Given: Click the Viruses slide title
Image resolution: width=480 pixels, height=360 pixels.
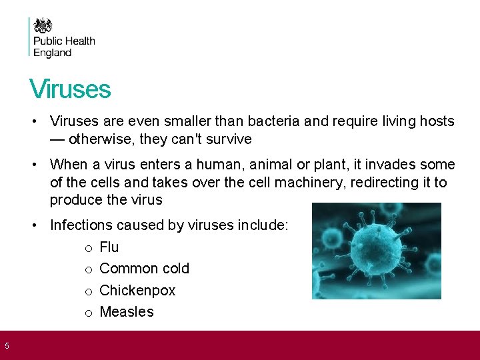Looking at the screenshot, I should click(x=70, y=89).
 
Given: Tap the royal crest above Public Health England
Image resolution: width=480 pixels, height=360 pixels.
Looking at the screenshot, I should click(x=43, y=26).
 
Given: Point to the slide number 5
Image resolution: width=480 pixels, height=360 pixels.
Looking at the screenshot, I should click(x=7, y=345).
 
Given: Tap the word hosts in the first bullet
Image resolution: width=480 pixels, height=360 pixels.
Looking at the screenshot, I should click(x=436, y=121).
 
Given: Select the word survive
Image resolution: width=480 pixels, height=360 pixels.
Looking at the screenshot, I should click(x=229, y=139).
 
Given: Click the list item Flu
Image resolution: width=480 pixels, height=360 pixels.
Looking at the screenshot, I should click(x=109, y=247).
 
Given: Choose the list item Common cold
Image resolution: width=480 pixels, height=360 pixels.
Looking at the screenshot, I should click(x=144, y=269).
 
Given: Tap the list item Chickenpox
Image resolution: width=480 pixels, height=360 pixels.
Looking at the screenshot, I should click(x=137, y=291).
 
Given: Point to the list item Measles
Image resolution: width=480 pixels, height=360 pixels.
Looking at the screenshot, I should click(x=127, y=312).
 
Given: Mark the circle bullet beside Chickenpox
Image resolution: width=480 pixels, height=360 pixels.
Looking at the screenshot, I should click(x=89, y=291).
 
